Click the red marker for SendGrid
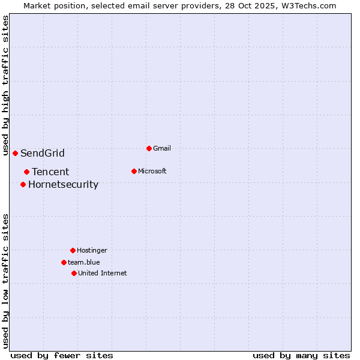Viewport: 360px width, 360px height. click(x=15, y=153)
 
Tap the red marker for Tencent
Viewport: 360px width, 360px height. click(x=26, y=172)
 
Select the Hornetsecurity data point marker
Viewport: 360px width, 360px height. click(x=23, y=184)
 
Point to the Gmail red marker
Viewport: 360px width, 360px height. click(x=149, y=148)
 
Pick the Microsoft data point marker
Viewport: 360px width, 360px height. click(x=134, y=171)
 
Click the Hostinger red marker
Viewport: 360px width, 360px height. click(x=73, y=250)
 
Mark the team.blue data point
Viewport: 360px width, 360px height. click(x=64, y=262)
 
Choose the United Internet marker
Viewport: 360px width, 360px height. click(x=74, y=273)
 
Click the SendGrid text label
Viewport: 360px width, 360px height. click(x=43, y=153)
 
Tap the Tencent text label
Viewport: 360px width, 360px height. click(x=50, y=172)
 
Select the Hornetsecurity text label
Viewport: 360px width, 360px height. click(x=63, y=184)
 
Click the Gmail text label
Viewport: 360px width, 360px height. click(x=162, y=148)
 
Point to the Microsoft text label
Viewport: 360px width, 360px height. click(x=152, y=171)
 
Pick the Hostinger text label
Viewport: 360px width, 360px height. click(x=92, y=250)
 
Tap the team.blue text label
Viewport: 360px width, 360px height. click(x=84, y=262)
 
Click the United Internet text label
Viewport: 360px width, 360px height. click(x=103, y=273)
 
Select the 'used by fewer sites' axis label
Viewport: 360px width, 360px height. click(x=62, y=355)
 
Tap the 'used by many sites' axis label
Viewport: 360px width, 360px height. click(x=301, y=355)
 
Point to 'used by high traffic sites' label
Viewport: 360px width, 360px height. click(x=6, y=86)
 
